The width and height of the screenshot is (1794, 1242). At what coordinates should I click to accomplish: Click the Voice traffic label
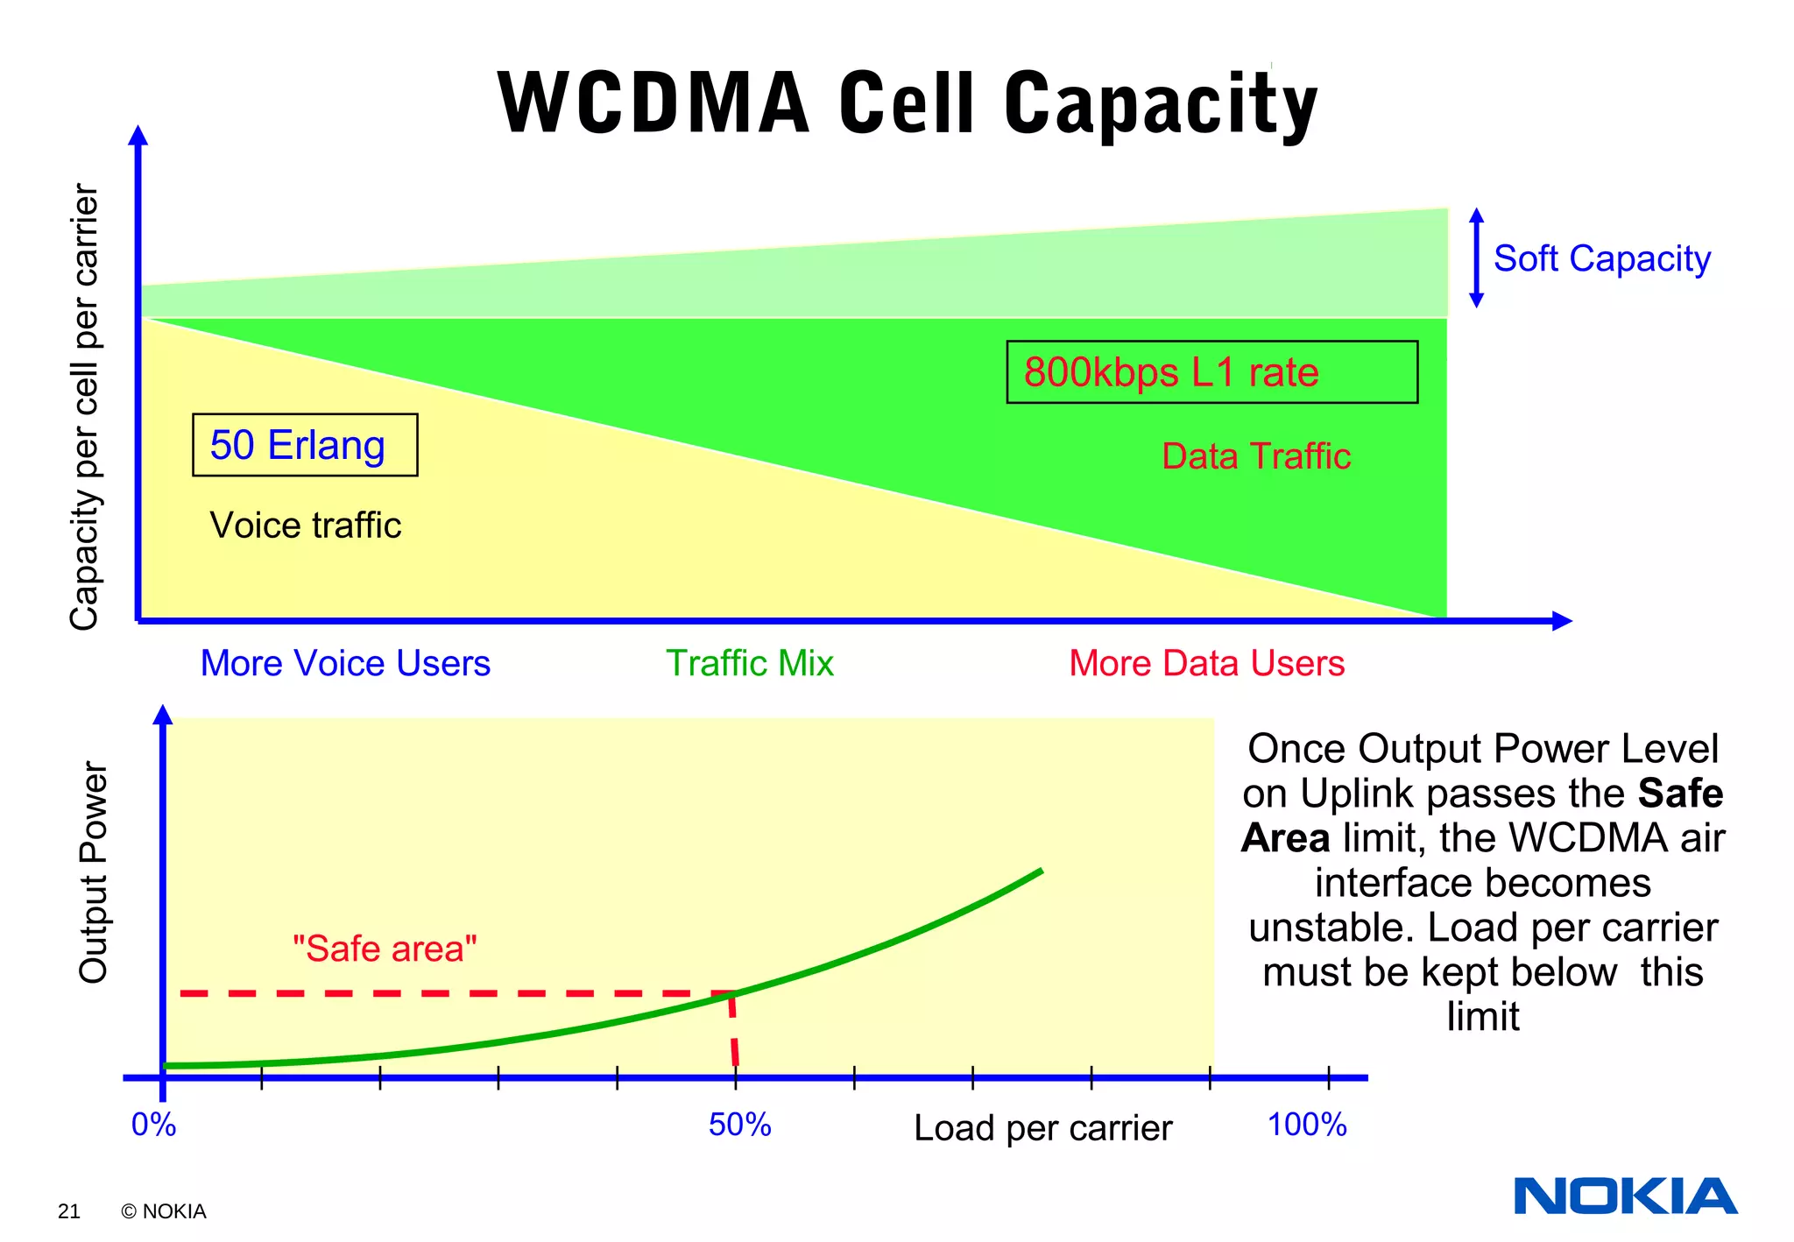(305, 526)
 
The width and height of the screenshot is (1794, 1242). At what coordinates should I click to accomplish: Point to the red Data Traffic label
(1255, 456)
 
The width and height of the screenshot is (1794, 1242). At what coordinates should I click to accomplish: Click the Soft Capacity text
(1601, 259)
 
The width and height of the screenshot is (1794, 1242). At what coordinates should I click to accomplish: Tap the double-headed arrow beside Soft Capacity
(1476, 258)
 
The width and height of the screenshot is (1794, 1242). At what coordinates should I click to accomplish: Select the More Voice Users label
(345, 663)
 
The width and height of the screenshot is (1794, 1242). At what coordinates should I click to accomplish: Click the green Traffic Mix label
(749, 663)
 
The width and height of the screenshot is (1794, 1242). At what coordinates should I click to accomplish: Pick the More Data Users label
(1206, 663)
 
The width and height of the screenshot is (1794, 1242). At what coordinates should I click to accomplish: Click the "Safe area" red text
(385, 949)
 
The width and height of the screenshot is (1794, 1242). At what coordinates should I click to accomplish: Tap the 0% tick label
(153, 1125)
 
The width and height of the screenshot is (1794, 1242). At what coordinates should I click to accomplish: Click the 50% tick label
(739, 1125)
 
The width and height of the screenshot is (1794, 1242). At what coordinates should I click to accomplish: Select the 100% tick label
(1306, 1125)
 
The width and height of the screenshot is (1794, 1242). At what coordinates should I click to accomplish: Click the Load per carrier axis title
(1042, 1128)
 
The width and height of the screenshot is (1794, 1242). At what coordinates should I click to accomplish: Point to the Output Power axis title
(93, 872)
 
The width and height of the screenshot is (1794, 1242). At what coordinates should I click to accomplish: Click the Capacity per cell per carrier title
(84, 406)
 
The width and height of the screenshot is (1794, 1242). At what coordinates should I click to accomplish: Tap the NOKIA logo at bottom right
(1625, 1196)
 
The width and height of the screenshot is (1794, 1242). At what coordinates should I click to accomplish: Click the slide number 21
(68, 1211)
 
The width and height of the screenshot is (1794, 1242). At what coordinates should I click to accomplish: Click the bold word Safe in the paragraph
(1680, 794)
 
